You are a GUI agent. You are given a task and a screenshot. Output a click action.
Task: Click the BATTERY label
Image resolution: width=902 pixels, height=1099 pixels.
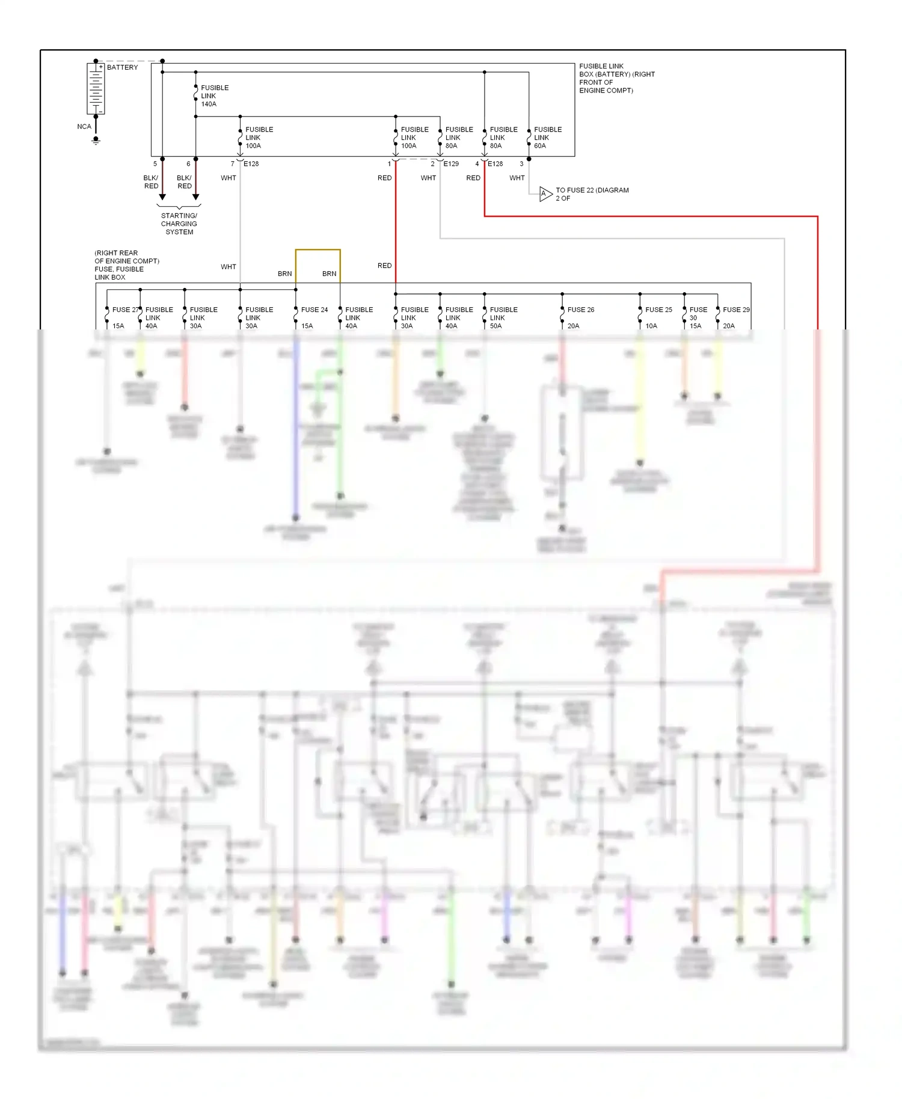click(122, 67)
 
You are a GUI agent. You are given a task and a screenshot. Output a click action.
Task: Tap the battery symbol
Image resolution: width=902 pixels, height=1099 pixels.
click(96, 88)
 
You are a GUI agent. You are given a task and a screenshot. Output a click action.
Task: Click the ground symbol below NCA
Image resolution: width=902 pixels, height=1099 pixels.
click(96, 141)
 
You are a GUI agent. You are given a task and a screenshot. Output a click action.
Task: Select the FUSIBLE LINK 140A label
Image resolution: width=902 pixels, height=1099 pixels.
click(214, 96)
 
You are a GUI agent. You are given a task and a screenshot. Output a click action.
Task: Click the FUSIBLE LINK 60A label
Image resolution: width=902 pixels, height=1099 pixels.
click(547, 138)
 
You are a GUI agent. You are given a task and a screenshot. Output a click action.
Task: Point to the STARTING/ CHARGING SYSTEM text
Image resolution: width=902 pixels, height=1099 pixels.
click(179, 224)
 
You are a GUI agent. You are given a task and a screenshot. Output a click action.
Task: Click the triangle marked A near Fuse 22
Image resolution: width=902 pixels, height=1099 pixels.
click(545, 194)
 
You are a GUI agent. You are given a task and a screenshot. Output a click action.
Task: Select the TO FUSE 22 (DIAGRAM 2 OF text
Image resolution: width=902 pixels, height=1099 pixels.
click(592, 194)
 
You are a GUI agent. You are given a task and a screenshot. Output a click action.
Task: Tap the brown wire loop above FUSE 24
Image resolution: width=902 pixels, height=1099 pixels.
click(318, 250)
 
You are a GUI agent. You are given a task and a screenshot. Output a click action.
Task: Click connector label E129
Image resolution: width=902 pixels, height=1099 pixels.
click(451, 164)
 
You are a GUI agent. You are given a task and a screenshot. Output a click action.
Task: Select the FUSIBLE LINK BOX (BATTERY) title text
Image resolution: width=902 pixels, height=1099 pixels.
click(616, 78)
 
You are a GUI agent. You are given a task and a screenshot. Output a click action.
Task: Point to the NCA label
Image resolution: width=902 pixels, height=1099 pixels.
click(84, 126)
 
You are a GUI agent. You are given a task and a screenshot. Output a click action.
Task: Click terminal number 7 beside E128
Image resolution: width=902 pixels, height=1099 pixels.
click(233, 164)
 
